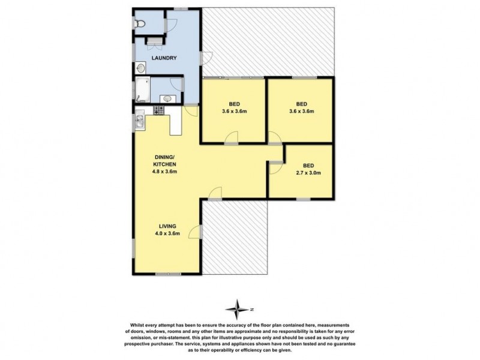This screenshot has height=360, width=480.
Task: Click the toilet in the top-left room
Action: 139,25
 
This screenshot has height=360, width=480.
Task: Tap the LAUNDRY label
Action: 163,58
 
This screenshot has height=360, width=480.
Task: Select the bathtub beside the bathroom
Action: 142,91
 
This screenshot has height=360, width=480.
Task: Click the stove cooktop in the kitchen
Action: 160,110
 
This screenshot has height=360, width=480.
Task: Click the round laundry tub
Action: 140,68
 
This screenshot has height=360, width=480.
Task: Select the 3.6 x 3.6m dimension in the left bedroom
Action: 233,111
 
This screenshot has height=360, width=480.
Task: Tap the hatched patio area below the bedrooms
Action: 236,237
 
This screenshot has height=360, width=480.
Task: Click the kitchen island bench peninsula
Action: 175,124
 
